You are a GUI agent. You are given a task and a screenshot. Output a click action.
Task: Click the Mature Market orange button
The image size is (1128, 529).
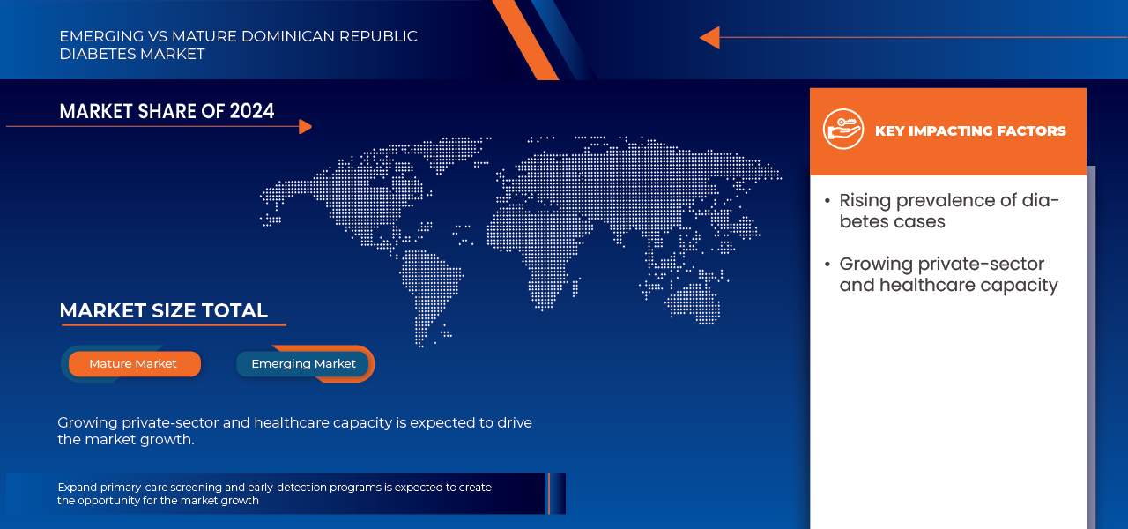135,364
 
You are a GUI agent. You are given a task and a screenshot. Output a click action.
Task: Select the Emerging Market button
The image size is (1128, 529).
302,364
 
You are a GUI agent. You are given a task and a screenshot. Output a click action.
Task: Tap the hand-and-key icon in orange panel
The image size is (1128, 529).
843,129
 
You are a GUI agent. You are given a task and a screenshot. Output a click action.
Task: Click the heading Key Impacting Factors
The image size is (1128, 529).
970,131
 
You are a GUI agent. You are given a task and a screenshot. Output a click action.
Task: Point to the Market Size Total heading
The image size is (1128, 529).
164,311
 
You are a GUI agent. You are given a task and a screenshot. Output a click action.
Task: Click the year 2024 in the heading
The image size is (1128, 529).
252,111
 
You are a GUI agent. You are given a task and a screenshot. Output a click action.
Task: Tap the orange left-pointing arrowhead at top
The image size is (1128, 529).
709,37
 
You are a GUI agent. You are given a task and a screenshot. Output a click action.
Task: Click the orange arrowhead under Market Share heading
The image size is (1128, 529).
305,126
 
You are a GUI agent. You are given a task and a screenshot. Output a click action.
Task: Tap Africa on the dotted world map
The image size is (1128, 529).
537,257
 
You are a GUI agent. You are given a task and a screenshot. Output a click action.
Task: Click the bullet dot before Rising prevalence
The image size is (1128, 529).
827,201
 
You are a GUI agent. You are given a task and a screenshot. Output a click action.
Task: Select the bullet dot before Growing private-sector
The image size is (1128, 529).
827,264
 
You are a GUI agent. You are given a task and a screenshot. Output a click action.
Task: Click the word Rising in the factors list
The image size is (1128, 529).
865,201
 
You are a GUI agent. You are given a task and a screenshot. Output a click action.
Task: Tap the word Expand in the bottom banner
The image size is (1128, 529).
77,488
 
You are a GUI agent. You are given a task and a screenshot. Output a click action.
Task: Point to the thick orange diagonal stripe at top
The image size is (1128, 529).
525,40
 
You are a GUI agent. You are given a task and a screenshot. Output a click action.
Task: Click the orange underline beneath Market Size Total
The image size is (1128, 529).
174,325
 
